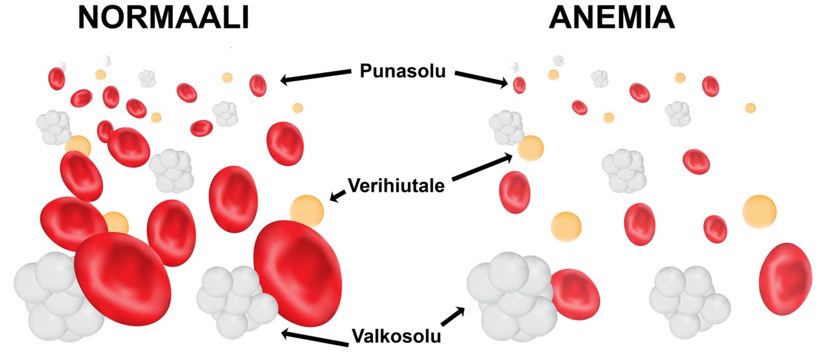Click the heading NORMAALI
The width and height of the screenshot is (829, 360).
pos(164,17)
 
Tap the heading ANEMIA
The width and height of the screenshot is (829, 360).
pos(612,17)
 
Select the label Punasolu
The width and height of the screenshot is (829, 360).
pos(403,71)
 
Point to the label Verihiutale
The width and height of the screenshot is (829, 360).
pos(396,185)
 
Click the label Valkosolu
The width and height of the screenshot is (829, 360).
pos(396,336)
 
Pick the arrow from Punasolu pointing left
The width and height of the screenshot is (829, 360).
pos(315,76)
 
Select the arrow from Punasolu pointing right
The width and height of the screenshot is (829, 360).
pos(481,79)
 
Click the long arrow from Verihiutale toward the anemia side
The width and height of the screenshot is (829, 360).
pos(483,168)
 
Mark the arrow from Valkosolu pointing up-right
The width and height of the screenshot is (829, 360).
pos(453,317)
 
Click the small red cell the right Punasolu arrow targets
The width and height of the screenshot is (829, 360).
pos(519,85)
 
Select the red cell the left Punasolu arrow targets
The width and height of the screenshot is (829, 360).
pos(258,85)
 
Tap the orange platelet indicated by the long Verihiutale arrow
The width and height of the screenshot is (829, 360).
pos(530,148)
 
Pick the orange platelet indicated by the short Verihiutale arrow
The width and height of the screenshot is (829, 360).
pos(307,211)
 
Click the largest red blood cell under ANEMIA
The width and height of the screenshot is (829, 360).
pos(786,279)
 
